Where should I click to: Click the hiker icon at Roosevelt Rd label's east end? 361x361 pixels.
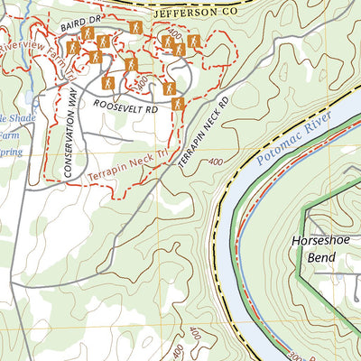(x=179, y=104)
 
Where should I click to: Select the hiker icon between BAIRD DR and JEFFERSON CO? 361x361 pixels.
(x=134, y=28)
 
